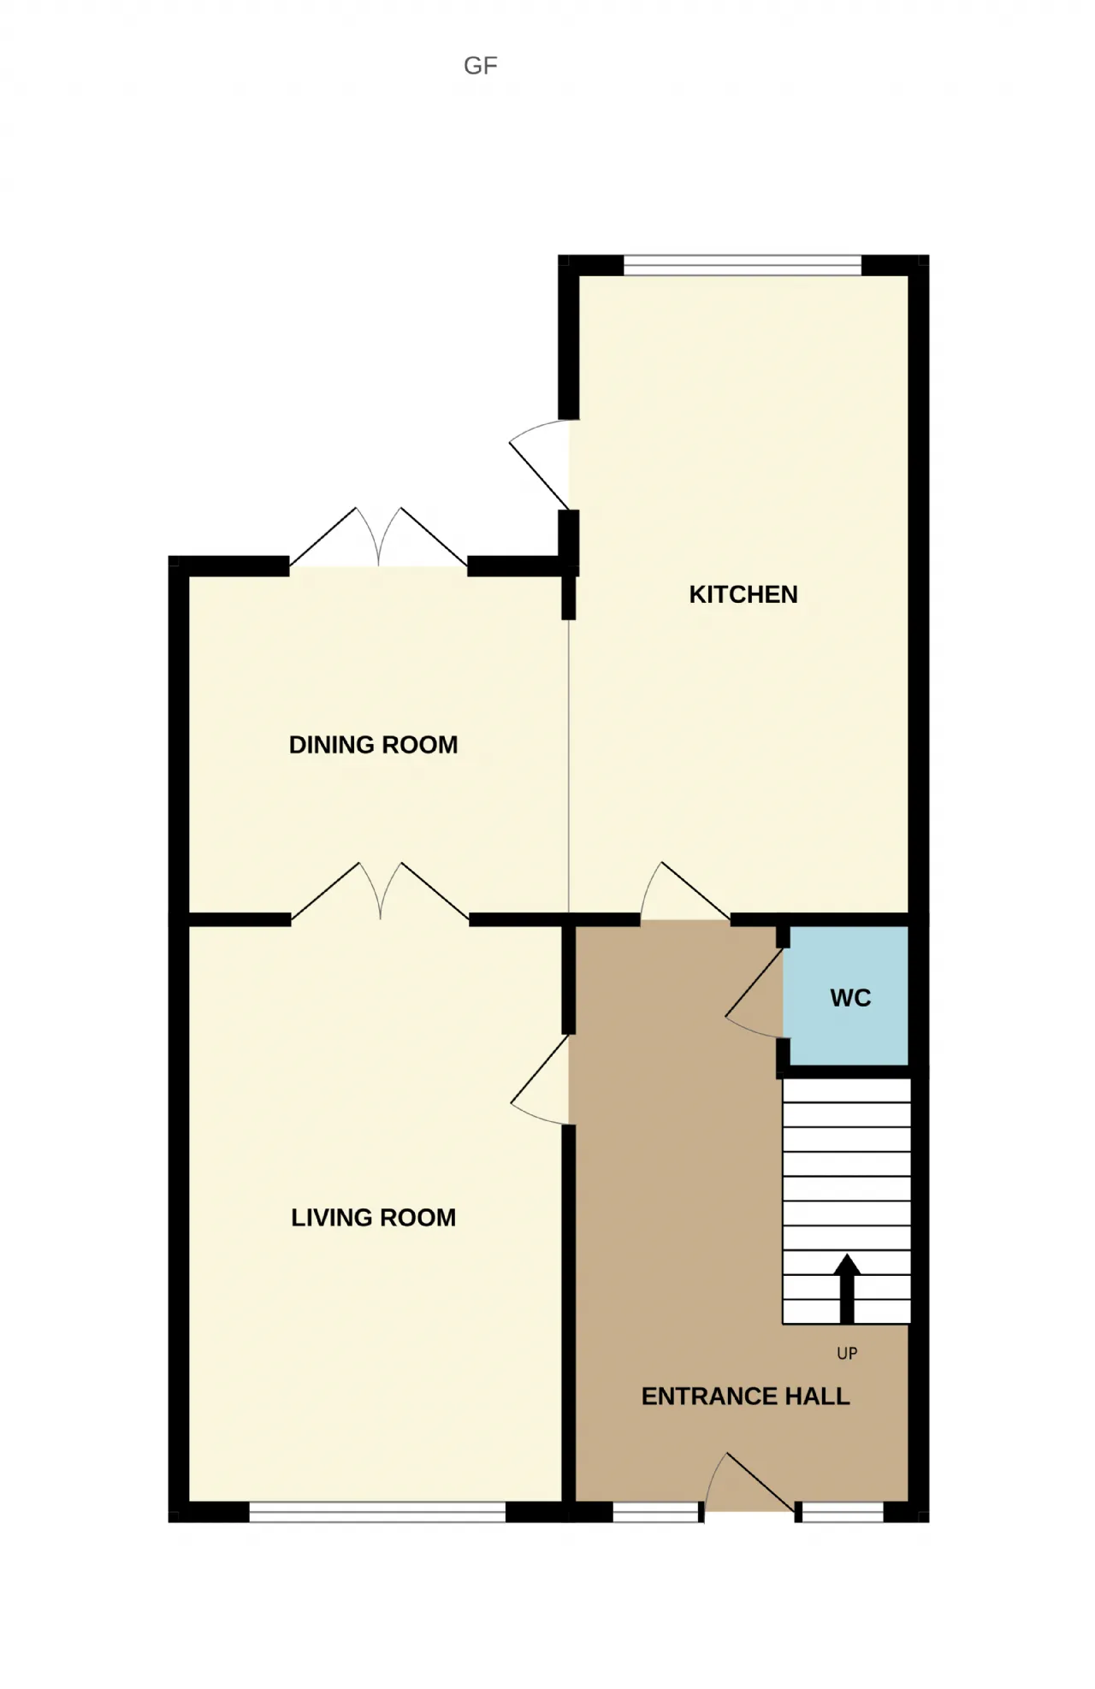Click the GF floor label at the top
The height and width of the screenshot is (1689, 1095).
(480, 66)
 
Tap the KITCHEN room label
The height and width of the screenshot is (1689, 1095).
(743, 594)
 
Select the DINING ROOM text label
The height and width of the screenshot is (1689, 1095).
(373, 745)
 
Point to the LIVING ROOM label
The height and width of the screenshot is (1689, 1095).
(373, 1218)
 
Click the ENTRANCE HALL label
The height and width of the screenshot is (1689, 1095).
(746, 1397)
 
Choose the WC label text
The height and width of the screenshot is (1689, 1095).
(850, 998)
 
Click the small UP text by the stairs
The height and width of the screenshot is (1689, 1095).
(847, 1353)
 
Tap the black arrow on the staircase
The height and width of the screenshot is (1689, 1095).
(847, 1289)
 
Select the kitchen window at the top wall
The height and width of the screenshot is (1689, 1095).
(743, 265)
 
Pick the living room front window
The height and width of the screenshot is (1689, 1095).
(377, 1512)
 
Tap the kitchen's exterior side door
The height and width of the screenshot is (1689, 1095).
(540, 464)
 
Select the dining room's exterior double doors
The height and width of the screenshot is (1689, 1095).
(378, 536)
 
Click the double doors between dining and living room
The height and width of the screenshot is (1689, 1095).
(380, 891)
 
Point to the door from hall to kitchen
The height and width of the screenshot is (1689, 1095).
(685, 891)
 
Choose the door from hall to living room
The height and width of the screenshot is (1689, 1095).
(540, 1080)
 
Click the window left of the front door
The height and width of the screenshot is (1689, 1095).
(656, 1513)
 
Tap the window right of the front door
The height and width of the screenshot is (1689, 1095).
(842, 1513)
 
